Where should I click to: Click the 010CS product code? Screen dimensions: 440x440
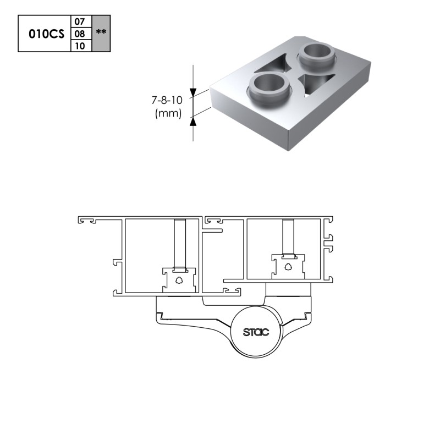click(47, 34)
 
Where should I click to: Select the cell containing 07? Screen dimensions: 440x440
click(81, 21)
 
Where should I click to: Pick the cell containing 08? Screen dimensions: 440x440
click(81, 34)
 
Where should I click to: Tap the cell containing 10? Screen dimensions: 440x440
click(81, 46)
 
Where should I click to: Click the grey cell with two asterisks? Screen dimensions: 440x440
click(101, 34)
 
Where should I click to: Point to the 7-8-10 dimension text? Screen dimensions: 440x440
click(167, 100)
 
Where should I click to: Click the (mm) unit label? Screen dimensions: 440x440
click(168, 113)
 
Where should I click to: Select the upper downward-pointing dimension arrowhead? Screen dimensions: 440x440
click(193, 93)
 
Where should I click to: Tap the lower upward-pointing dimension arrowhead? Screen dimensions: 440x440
click(193, 122)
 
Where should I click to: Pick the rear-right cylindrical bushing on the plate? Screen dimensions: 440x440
click(317, 54)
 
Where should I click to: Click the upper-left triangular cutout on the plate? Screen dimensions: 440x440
click(274, 65)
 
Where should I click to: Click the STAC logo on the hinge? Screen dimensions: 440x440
click(256, 332)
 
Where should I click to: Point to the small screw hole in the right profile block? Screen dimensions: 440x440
click(288, 267)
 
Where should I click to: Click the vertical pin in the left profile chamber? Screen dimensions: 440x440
click(180, 243)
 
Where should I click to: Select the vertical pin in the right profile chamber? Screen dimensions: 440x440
click(288, 237)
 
